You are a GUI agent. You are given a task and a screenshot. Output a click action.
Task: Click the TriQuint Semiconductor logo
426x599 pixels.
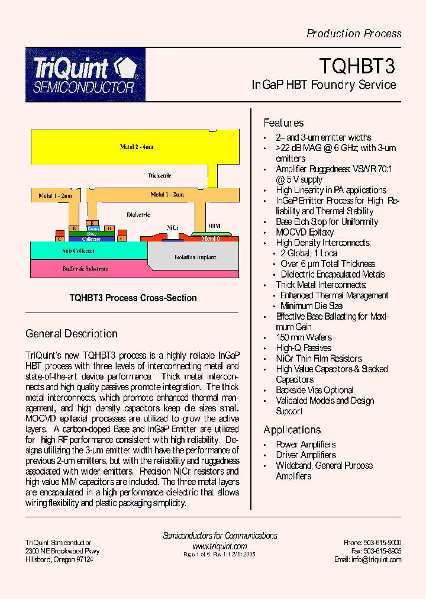[85, 75]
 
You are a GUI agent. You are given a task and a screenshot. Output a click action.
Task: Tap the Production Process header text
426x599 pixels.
[354, 34]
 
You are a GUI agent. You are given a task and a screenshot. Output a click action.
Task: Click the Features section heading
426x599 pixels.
[283, 123]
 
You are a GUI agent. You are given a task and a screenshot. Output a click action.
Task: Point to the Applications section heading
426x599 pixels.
[292, 430]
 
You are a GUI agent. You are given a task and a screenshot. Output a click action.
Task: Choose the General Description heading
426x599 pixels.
[71, 334]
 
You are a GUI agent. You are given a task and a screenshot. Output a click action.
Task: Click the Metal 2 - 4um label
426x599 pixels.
[137, 147]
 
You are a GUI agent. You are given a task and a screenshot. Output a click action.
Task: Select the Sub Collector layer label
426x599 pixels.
[79, 251]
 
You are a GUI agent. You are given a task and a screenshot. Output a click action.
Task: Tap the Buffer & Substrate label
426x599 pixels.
[85, 269]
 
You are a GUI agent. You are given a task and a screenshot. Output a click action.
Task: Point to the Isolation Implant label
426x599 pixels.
[195, 257]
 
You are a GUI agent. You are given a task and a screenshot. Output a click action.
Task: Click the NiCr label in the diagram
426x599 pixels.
[173, 227]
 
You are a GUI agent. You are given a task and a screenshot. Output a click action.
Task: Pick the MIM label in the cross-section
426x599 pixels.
[214, 226]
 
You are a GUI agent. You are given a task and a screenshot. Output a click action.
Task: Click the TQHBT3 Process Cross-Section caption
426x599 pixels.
[133, 298]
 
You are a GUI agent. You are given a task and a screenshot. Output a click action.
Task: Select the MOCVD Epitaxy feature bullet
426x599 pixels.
[305, 232]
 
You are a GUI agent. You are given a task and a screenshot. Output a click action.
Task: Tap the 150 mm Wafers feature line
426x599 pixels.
[304, 337]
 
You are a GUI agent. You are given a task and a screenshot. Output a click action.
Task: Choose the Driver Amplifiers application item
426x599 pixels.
[305, 455]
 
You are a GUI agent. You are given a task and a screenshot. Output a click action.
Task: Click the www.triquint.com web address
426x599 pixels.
[220, 546]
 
